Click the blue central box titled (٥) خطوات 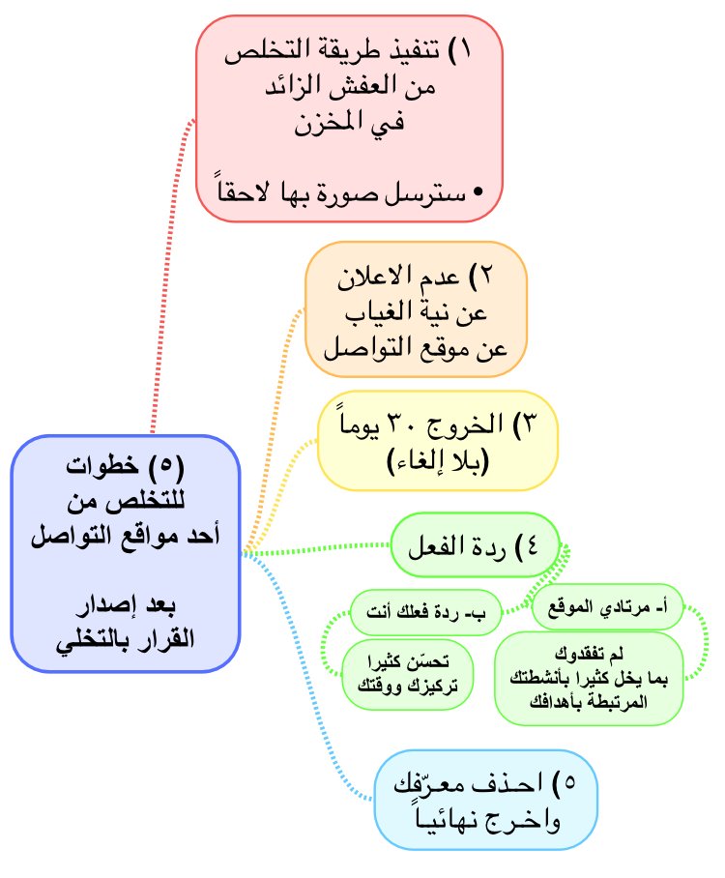(125, 553)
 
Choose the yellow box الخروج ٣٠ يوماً (439, 440)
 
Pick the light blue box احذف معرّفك (485, 799)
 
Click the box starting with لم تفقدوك (589, 677)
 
